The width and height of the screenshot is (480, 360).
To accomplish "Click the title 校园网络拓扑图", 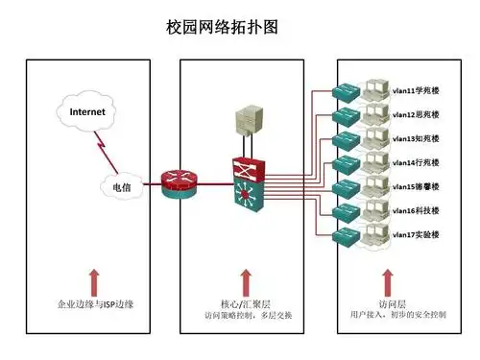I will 223,27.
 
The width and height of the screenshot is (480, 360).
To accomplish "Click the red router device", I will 179,182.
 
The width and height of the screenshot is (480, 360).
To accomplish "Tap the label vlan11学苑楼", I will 416,92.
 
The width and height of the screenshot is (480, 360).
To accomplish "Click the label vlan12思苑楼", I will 416,115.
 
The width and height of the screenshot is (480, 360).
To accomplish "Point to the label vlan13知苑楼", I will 416,138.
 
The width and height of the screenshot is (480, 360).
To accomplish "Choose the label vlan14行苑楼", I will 416,162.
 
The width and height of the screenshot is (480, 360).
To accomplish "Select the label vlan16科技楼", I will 416,209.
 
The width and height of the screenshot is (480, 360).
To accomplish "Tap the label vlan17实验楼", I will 416,233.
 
